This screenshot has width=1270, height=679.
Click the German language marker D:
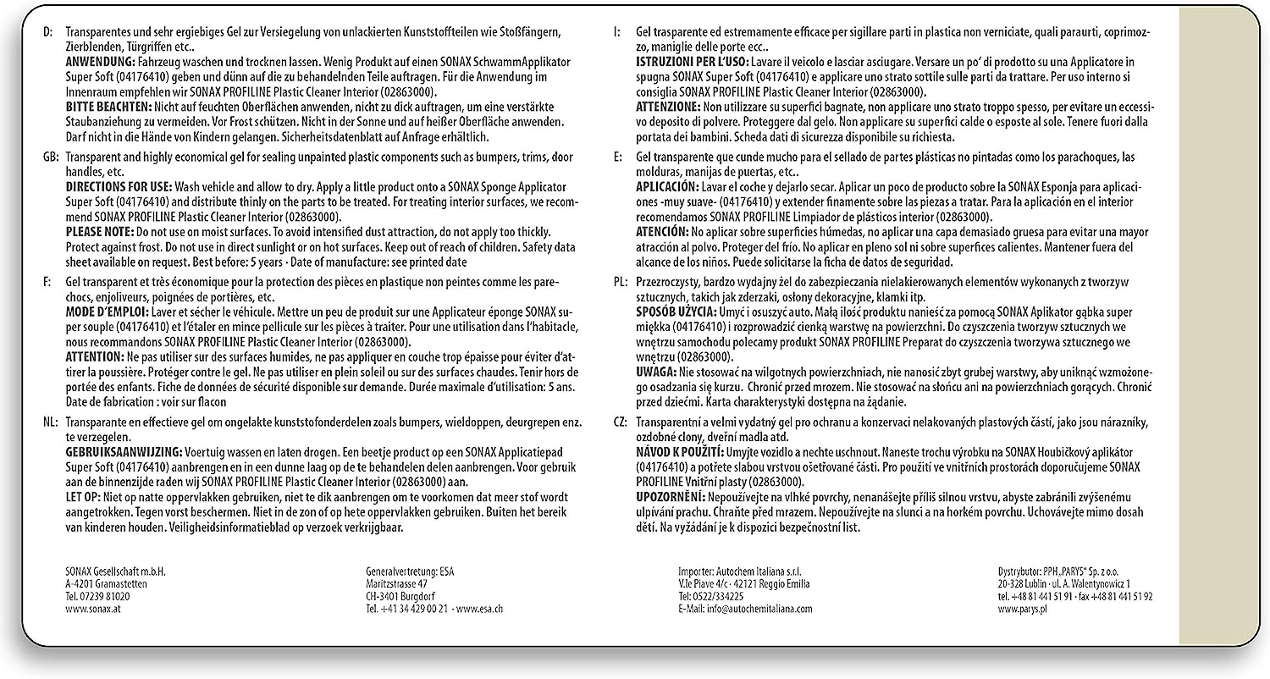coord(47,31)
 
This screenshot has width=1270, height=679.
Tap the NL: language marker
coord(50,422)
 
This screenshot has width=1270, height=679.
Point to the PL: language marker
coord(621,280)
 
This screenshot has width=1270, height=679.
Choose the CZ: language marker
coord(621,422)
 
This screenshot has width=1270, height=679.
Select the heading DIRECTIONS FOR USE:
coord(119,185)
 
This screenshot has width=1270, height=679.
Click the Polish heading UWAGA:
coord(656,372)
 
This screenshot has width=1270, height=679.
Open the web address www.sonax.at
coord(91,609)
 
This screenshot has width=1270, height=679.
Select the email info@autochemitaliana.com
coord(745,609)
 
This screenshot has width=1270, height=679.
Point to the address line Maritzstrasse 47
coord(396,583)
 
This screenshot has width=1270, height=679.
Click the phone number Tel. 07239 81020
coord(97,596)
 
